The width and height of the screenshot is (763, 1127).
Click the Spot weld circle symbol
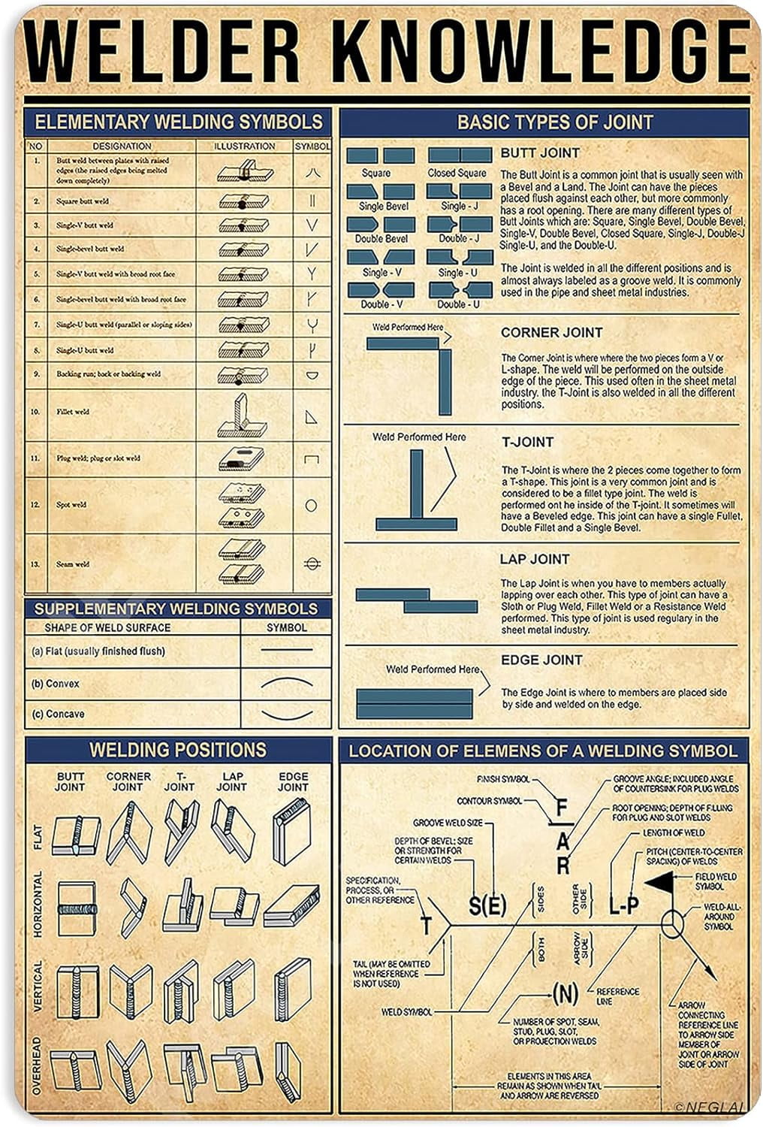tap(311, 506)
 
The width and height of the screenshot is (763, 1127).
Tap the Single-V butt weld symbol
tap(312, 225)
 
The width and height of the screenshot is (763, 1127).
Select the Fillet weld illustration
tap(242, 415)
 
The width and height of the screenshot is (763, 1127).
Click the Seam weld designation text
tap(73, 564)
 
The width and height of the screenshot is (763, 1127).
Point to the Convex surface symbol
tap(286, 682)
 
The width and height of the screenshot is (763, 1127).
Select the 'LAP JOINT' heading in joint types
tap(535, 559)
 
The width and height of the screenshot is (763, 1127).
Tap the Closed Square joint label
tap(457, 173)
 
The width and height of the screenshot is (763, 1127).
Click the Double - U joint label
tap(458, 304)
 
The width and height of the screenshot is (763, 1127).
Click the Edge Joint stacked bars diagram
tap(415, 703)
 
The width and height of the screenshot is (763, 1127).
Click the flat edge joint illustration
tap(291, 831)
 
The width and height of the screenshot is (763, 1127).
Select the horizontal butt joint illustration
tap(77, 908)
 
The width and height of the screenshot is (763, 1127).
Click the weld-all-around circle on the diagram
tap(672, 923)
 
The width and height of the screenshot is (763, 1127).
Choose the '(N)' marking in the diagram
tap(565, 994)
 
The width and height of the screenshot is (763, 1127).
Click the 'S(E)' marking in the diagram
tap(487, 905)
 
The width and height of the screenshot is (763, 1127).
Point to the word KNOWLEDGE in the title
tap(541, 53)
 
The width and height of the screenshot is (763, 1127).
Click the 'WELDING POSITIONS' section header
tap(178, 750)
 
